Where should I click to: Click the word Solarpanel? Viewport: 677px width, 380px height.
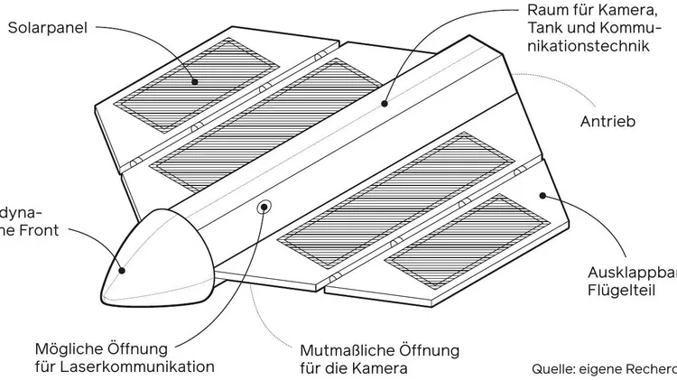click(x=46, y=28)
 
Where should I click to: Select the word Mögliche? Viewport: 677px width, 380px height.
click(x=66, y=348)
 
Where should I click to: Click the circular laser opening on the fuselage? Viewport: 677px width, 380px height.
click(x=264, y=206)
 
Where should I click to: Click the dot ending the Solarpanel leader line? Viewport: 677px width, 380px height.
click(x=193, y=81)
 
